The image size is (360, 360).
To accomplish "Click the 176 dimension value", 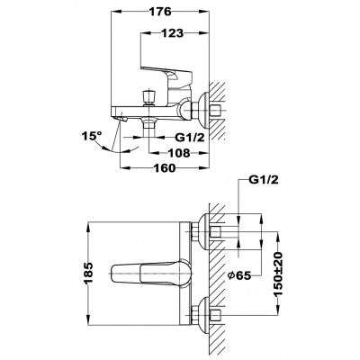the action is [160, 12].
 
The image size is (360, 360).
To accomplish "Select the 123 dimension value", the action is [172, 33].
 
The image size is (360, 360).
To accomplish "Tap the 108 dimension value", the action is [179, 153].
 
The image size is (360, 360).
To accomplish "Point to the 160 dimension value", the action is [164, 168].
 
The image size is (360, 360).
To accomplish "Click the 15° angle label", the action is [92, 136].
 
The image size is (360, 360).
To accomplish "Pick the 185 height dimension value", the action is [88, 274].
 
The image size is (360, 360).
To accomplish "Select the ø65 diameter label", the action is [239, 275].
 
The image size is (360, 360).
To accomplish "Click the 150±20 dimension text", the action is [278, 274].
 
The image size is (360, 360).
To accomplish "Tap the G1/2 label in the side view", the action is [190, 138].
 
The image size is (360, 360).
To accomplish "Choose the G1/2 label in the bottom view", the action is [264, 180].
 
